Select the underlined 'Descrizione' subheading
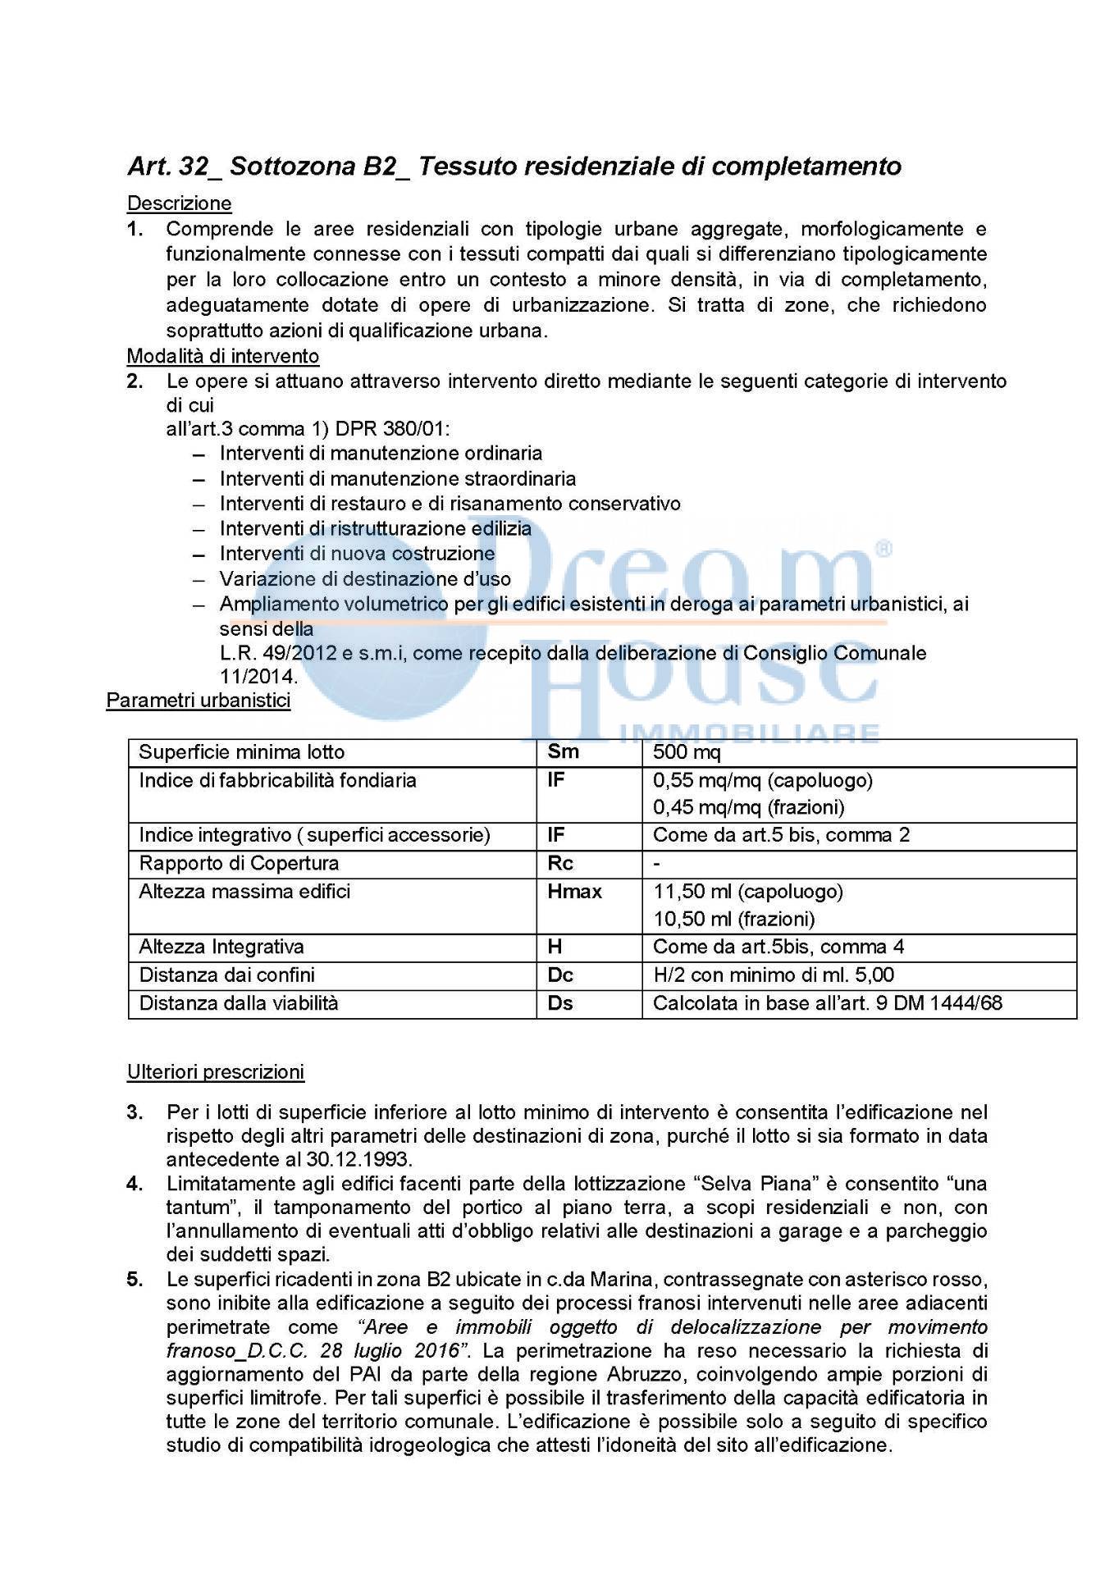pyautogui.click(x=180, y=203)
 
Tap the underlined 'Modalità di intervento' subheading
pyautogui.click(x=222, y=356)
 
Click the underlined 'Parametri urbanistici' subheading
pyautogui.click(x=199, y=701)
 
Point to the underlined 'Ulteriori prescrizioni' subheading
pyautogui.click(x=215, y=1071)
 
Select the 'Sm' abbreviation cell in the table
pyautogui.click(x=563, y=752)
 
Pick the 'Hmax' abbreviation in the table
pyautogui.click(x=574, y=892)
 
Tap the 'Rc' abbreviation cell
pyautogui.click(x=560, y=863)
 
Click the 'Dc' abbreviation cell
pyautogui.click(x=560, y=975)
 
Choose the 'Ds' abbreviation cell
pyautogui.click(x=560, y=1002)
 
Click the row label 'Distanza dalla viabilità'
pyautogui.click(x=239, y=1002)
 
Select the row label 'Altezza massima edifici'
pyautogui.click(x=244, y=892)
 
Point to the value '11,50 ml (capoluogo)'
pyautogui.click(x=747, y=892)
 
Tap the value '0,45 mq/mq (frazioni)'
pyautogui.click(x=748, y=807)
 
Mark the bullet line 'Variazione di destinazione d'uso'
pyautogui.click(x=365, y=579)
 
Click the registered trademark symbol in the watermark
pyautogui.click(x=883, y=549)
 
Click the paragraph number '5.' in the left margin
pyautogui.click(x=135, y=1280)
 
